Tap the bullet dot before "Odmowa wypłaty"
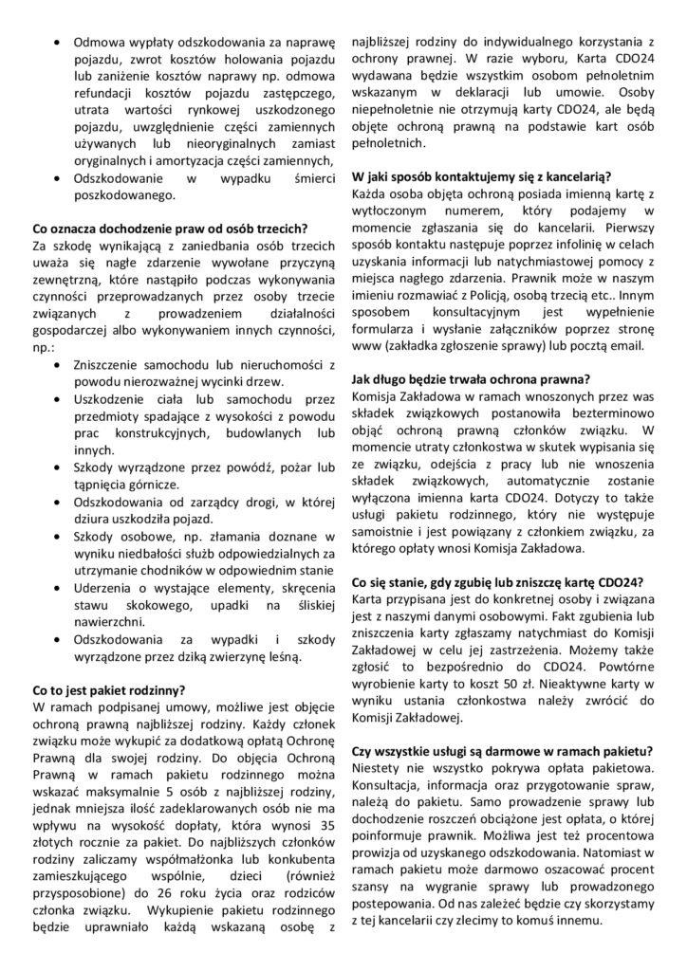62,43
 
